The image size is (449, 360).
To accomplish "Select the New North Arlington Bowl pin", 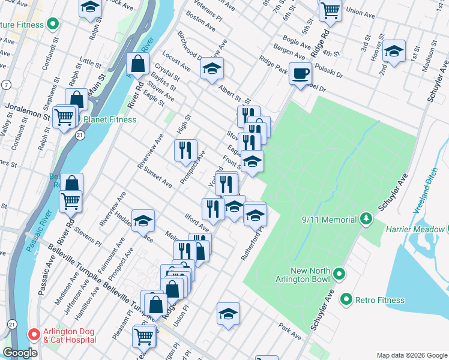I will click(339, 275).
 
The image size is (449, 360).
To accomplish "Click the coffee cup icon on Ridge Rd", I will click(300, 74).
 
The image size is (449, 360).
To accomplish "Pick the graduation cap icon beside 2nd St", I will click(394, 51).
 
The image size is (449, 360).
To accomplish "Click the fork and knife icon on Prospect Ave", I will click(185, 150).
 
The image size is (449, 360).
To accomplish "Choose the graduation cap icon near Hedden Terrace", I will click(143, 221).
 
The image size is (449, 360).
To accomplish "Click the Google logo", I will click(20, 353).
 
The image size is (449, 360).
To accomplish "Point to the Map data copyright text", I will click(411, 355).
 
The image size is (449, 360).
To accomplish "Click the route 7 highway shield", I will click(5, 85).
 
